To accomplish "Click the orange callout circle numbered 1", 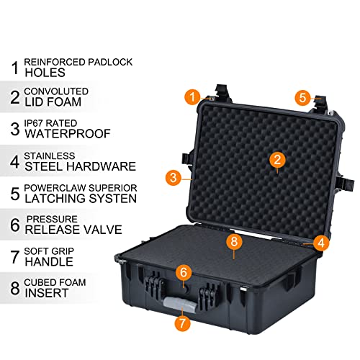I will (x=191, y=95).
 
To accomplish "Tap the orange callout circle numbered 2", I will (x=275, y=159).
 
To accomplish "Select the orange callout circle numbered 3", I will (x=172, y=176).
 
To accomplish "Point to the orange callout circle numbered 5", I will (x=302, y=96).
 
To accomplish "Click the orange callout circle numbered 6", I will (x=184, y=272).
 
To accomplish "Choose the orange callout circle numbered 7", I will (x=183, y=323).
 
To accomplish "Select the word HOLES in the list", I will (x=46, y=72).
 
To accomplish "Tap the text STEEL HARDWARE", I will (x=79, y=166).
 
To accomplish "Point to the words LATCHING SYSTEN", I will (x=80, y=199).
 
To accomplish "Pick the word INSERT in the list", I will (x=47, y=293).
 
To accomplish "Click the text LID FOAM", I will (x=56, y=103).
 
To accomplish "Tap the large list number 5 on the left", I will (x=14, y=194).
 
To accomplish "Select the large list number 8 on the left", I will (x=14, y=288).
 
